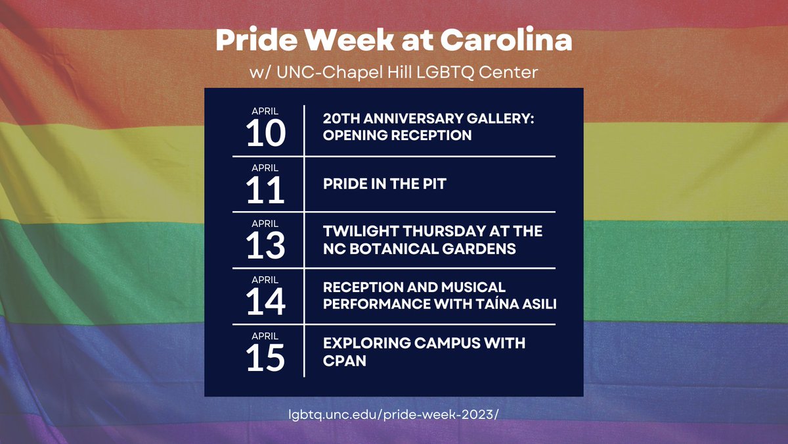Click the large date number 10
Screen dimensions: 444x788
[266, 134]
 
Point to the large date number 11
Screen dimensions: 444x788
[266, 190]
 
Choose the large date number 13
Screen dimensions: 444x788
[266, 245]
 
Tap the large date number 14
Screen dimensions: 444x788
[266, 302]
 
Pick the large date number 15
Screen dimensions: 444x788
[266, 358]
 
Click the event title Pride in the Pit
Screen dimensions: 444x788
[384, 184]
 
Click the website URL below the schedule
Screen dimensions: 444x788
[393, 415]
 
